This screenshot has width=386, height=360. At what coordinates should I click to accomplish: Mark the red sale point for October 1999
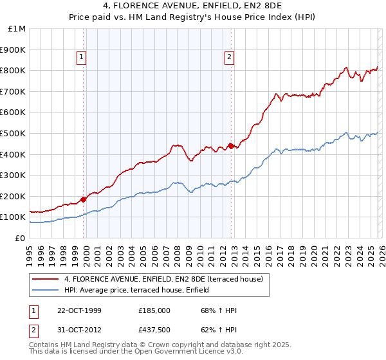click(84, 199)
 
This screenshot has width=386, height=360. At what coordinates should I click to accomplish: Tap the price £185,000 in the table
click(154, 310)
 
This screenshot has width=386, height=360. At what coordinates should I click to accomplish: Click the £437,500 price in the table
click(154, 330)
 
